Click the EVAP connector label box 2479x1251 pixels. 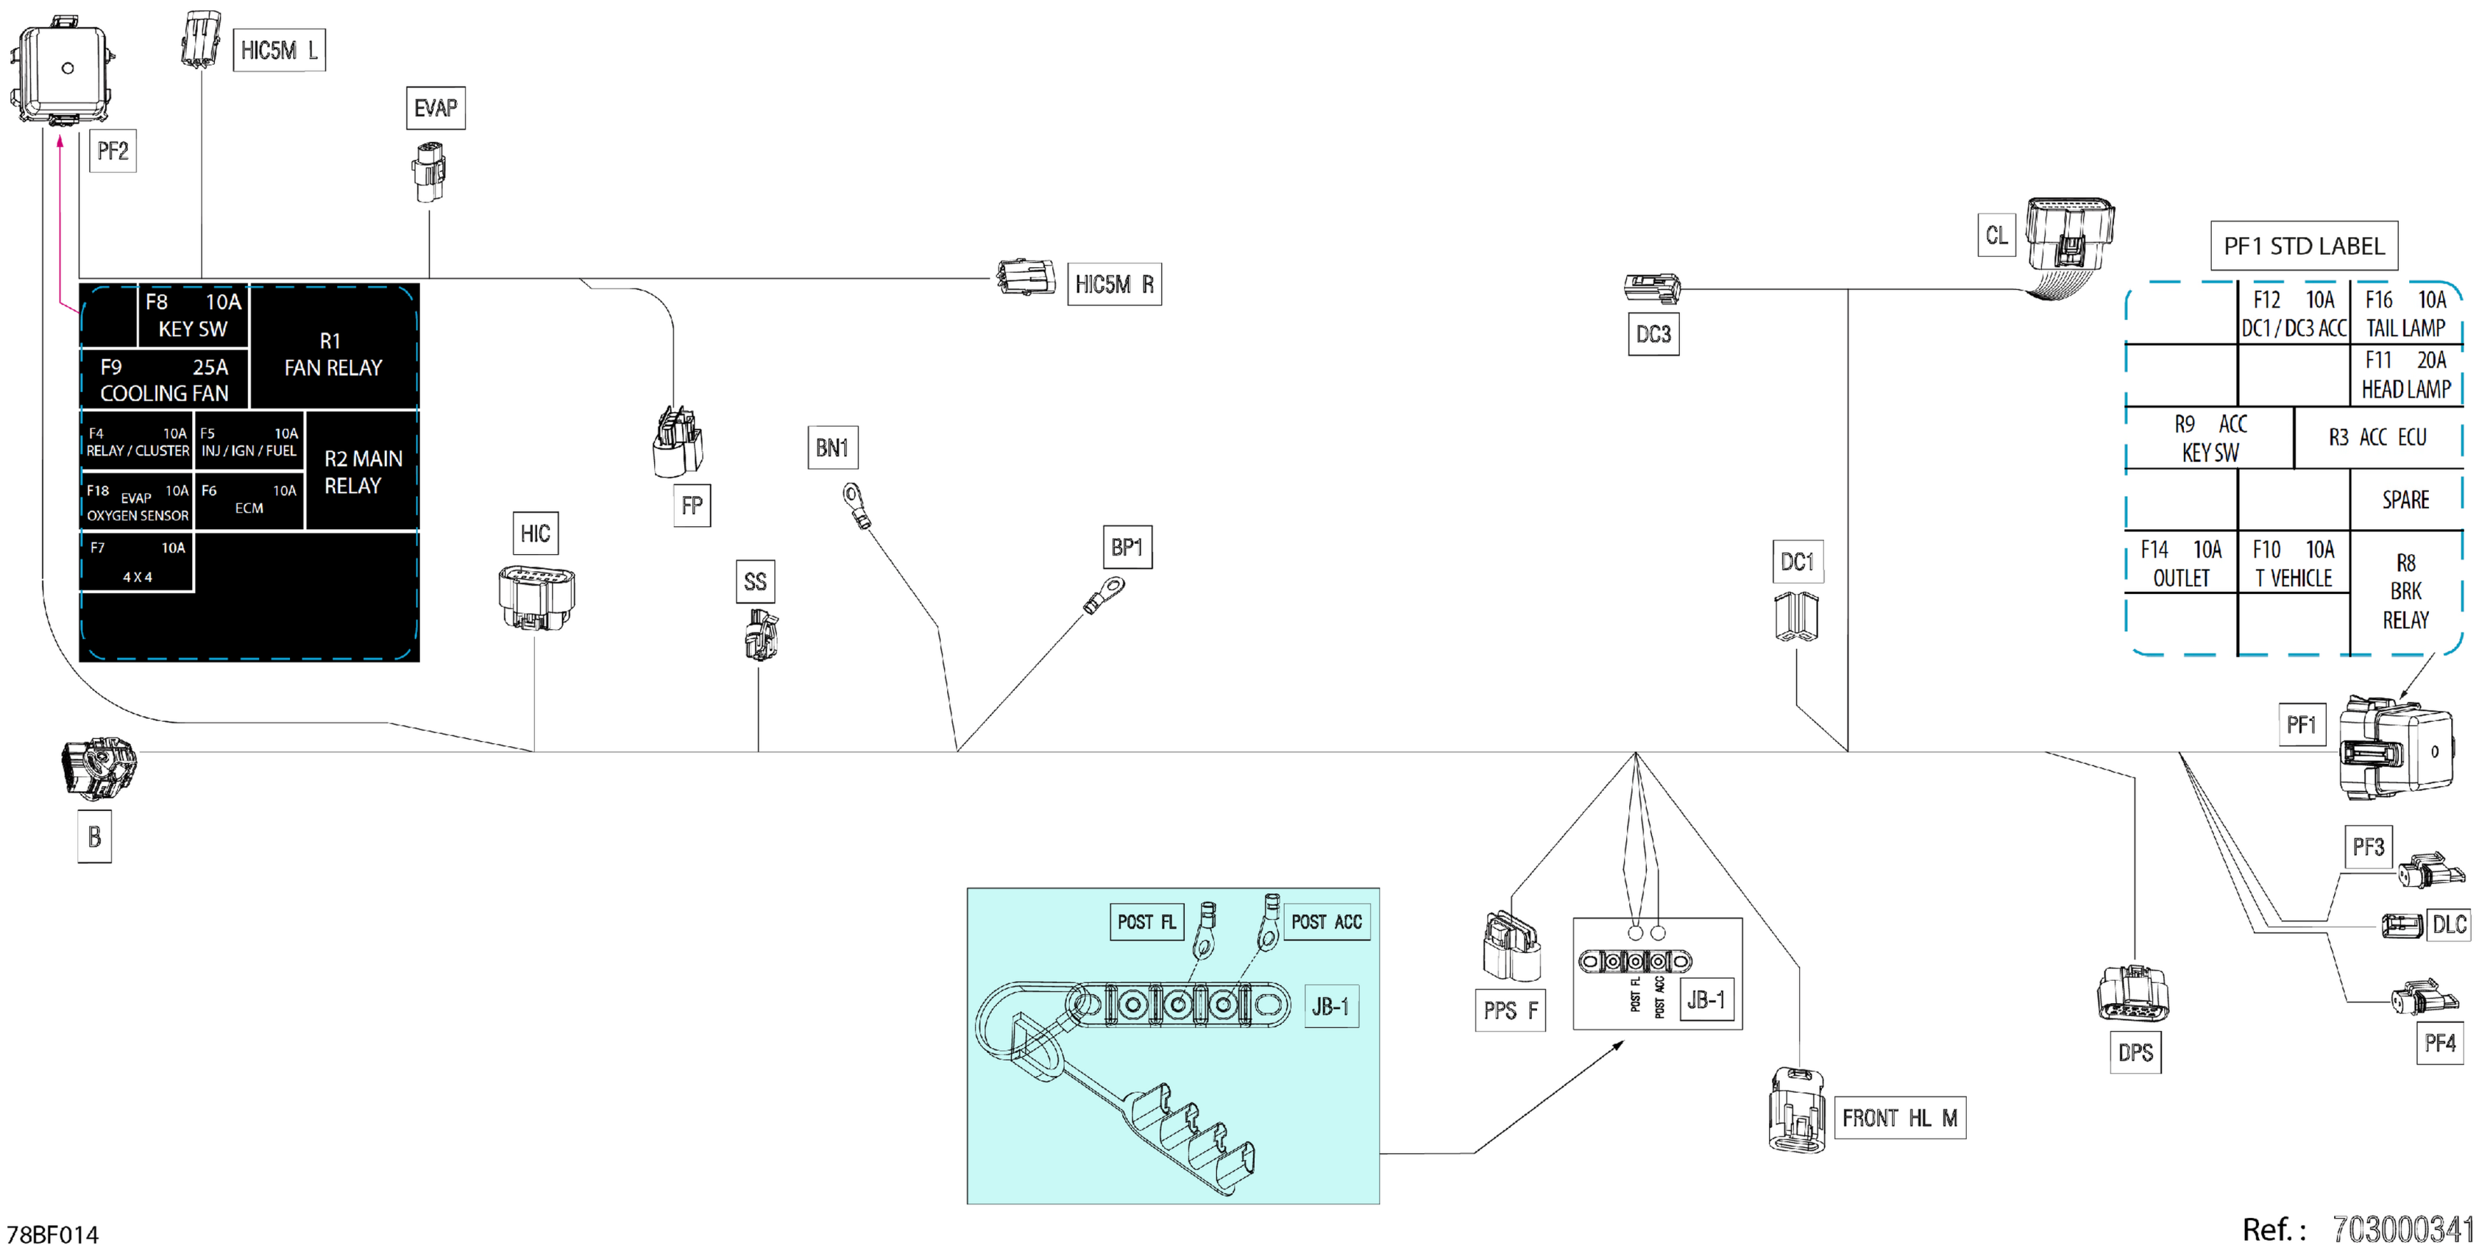pyautogui.click(x=435, y=107)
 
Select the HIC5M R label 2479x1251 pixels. pyautogui.click(x=1113, y=285)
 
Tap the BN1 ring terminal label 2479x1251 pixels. pyautogui.click(x=832, y=447)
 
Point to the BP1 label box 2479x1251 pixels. pyautogui.click(x=1126, y=547)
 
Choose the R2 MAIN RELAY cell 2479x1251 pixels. pyautogui.click(x=362, y=472)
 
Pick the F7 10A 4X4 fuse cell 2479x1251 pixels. pyautogui.click(x=137, y=562)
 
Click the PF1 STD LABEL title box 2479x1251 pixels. pyautogui.click(x=2303, y=247)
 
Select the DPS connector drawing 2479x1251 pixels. pyautogui.click(x=2132, y=994)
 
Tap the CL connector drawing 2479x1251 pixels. pyautogui.click(x=2068, y=235)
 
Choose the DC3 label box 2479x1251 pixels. pyautogui.click(x=1653, y=334)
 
